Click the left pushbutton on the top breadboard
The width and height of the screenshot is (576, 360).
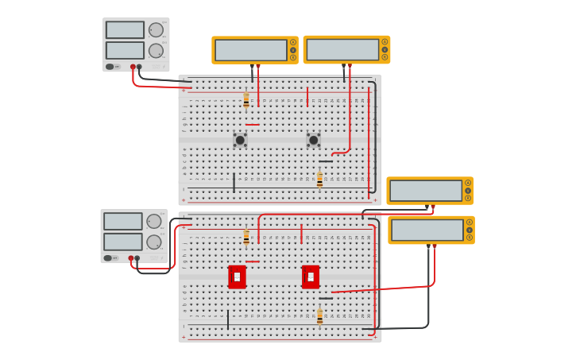tap(240, 140)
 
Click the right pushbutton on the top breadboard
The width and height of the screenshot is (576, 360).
tap(313, 140)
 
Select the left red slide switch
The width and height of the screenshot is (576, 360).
tap(237, 277)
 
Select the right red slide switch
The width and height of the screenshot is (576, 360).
tap(311, 277)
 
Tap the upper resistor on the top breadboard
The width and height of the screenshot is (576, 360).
tap(246, 100)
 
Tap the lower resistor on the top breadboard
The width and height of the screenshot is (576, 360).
tap(319, 180)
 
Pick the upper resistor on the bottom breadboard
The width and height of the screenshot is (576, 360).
tap(246, 237)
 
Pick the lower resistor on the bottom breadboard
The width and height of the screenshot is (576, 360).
tap(319, 316)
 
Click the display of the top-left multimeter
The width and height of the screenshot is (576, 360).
tap(251, 50)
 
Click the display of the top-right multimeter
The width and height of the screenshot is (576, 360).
tap(342, 50)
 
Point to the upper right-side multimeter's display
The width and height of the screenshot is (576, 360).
tap(426, 191)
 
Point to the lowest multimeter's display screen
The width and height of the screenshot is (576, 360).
tap(427, 230)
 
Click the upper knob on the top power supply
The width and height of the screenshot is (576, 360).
tap(156, 30)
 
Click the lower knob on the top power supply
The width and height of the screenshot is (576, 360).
tap(156, 51)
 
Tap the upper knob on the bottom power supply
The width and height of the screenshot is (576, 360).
tap(153, 222)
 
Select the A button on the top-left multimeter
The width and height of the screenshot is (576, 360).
tap(293, 42)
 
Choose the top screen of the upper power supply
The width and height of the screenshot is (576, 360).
tap(125, 30)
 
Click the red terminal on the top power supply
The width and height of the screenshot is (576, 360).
tap(133, 67)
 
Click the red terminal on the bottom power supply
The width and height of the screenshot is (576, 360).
tap(130, 258)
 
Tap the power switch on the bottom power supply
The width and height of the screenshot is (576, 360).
tap(110, 257)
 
